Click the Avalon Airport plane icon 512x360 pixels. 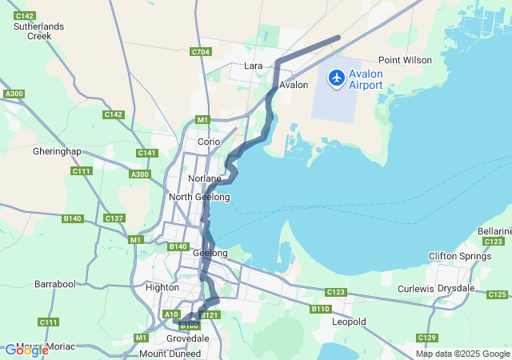point(336,78)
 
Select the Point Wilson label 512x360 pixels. point(405,60)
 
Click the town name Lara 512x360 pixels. point(254,66)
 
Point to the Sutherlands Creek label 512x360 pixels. point(38,31)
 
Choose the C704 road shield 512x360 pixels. point(201,52)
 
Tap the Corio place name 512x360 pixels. point(209,142)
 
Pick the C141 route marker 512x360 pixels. point(147,153)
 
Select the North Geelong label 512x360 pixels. point(199,197)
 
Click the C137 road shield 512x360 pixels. point(114,218)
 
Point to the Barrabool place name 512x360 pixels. point(54,284)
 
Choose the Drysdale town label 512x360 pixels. point(456,288)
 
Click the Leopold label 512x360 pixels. point(349,322)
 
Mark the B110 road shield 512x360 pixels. point(321,309)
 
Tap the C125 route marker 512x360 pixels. point(497,295)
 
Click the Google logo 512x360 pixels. point(26,350)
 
